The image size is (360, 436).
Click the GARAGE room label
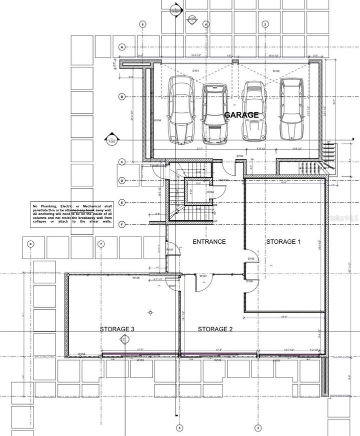click(241, 114)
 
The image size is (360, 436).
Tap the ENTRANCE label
click(209, 242)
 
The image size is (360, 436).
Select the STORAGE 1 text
click(283, 242)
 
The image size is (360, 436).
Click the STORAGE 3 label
click(116, 329)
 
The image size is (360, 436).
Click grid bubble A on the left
click(121, 47)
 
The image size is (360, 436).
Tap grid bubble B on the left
click(121, 96)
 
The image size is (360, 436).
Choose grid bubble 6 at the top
click(143, 24)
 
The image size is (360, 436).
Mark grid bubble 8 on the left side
click(31, 244)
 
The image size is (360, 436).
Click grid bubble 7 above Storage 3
click(101, 244)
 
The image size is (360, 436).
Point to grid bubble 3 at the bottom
click(258, 428)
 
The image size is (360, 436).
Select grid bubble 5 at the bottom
click(179, 428)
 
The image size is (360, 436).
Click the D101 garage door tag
click(196, 71)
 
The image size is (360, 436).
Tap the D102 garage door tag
click(276, 71)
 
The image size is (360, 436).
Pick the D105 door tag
click(251, 259)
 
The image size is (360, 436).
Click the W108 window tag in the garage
click(157, 120)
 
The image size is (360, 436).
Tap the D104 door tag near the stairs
click(210, 192)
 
